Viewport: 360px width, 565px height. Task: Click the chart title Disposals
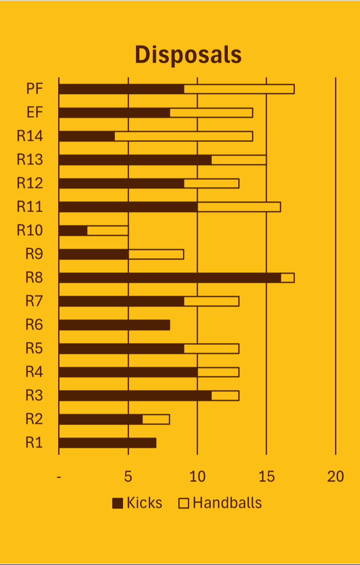pyautogui.click(x=188, y=55)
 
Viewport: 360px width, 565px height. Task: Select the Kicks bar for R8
pyautogui.click(x=170, y=278)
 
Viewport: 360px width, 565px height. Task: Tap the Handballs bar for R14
pyautogui.click(x=183, y=136)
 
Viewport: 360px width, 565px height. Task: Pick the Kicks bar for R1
pyautogui.click(x=107, y=443)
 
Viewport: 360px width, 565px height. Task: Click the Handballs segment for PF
pyautogui.click(x=239, y=89)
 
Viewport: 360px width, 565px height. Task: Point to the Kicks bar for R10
pyautogui.click(x=73, y=230)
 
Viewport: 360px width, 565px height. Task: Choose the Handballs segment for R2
pyautogui.click(x=156, y=419)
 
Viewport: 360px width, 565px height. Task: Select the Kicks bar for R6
pyautogui.click(x=114, y=325)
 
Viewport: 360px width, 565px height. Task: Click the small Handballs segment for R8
pyautogui.click(x=288, y=278)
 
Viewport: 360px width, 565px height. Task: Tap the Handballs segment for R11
pyautogui.click(x=239, y=207)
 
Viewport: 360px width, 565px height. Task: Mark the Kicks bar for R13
pyautogui.click(x=135, y=160)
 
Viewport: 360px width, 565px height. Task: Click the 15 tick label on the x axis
pyautogui.click(x=266, y=477)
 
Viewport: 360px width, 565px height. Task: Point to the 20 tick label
pyautogui.click(x=335, y=477)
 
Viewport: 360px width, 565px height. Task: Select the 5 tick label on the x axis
pyautogui.click(x=128, y=477)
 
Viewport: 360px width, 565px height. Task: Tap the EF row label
pyautogui.click(x=35, y=113)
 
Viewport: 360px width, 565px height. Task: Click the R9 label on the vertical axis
pyautogui.click(x=34, y=254)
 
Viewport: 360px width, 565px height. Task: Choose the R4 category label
pyautogui.click(x=34, y=372)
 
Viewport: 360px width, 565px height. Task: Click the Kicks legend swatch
pyautogui.click(x=118, y=503)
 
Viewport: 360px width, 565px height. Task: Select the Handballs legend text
pyautogui.click(x=227, y=503)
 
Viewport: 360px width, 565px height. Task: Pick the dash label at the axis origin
pyautogui.click(x=59, y=477)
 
